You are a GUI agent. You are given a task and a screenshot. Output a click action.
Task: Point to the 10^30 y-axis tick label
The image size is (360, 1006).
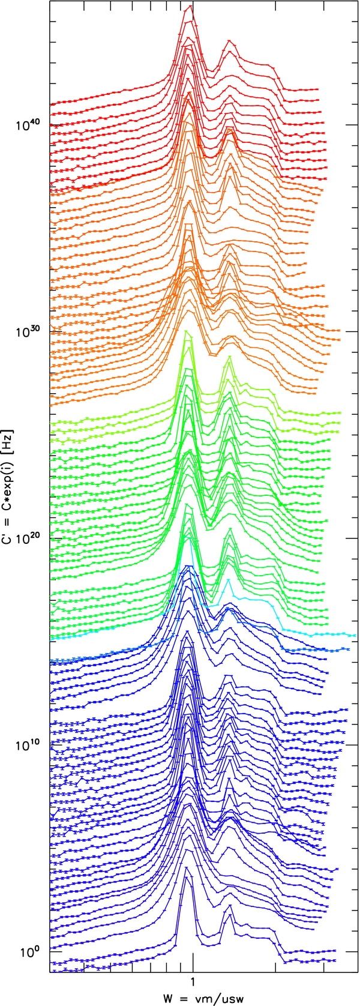coord(28,331)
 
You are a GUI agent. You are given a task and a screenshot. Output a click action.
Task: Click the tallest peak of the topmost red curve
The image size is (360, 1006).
coord(191,6)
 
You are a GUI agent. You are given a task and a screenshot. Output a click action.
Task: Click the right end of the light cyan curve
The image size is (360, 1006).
coord(356,635)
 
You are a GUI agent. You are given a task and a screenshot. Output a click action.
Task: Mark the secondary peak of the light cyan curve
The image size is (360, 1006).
coord(228,581)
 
